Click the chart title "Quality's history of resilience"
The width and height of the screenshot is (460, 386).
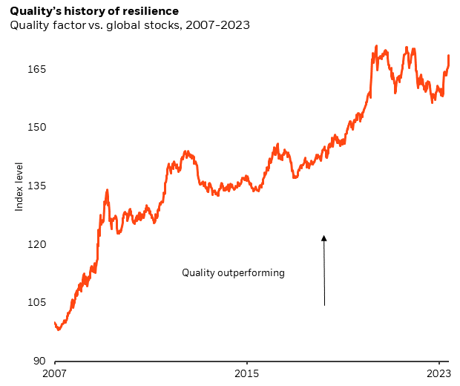[x=94, y=11]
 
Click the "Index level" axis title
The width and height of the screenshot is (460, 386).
[x=19, y=186]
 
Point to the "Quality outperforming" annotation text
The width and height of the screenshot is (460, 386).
[x=233, y=272]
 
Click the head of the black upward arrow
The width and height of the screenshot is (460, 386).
[x=324, y=238]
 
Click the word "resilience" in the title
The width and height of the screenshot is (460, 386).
[x=152, y=11]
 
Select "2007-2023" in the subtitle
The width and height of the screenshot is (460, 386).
[x=214, y=25]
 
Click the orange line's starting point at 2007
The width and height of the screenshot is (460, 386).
[x=55, y=323]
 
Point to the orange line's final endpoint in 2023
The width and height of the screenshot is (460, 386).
[x=449, y=56]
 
